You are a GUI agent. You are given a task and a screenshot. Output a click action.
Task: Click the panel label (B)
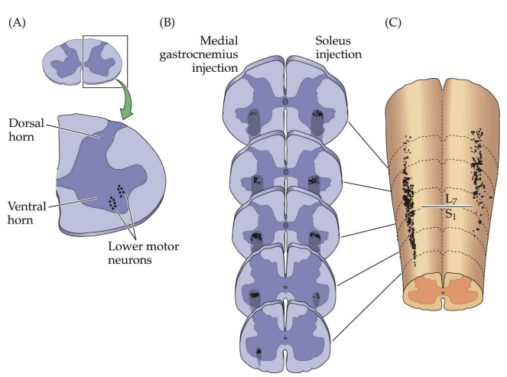[167, 23]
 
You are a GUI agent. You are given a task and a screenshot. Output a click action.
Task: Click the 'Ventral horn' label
[29, 211]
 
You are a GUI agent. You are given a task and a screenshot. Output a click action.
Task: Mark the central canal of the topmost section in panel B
[284, 101]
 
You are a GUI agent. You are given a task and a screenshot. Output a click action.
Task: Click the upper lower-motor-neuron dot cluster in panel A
[120, 187]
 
